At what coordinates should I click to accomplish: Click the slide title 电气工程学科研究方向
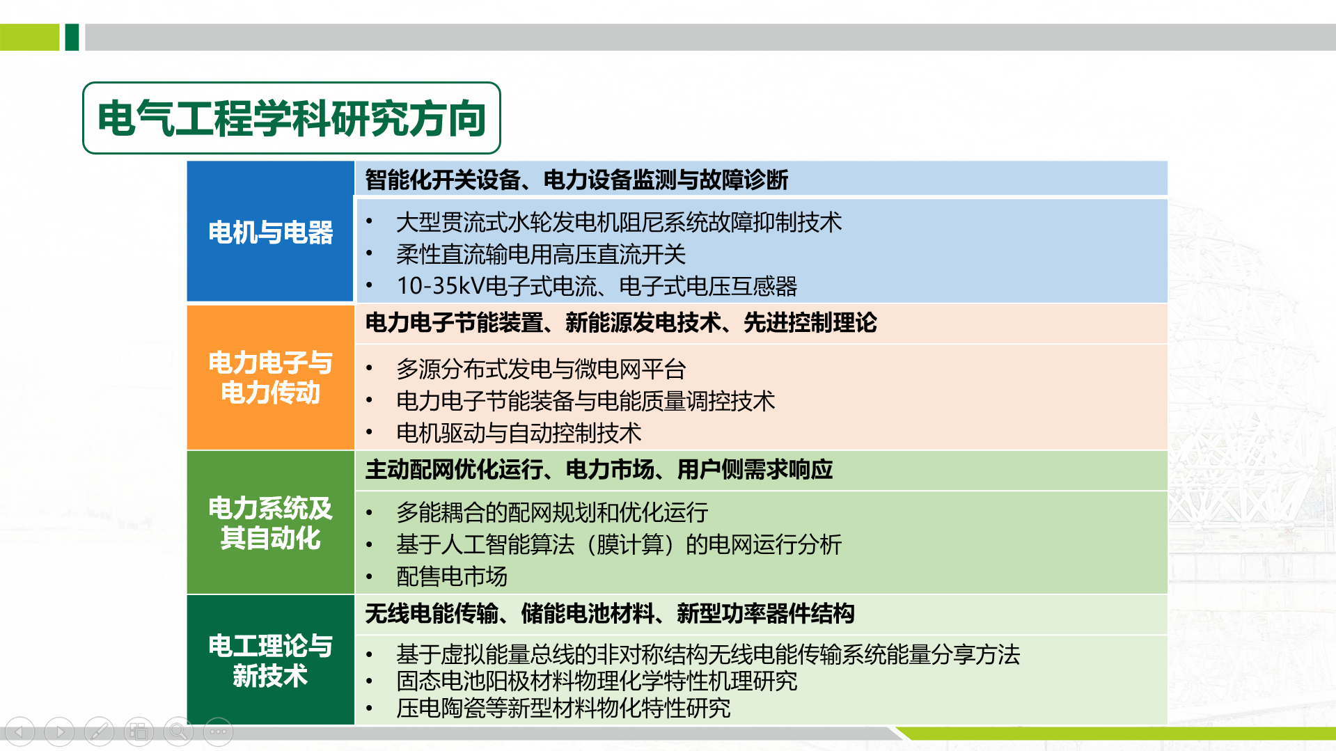291,118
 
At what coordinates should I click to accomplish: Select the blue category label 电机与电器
270,232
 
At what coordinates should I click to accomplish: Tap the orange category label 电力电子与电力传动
270,377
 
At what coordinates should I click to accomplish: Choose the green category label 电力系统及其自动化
270,523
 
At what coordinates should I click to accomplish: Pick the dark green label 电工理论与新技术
270,661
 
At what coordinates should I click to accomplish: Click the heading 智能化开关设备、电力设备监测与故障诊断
576,180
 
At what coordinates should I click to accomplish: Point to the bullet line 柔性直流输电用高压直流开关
540,254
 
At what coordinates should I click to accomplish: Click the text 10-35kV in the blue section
440,286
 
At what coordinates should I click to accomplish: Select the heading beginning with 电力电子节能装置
620,323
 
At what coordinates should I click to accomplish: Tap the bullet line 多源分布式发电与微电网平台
540,369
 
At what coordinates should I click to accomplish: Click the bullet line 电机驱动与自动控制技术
518,433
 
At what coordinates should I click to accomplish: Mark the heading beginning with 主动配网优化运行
598,470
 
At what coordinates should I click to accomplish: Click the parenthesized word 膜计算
629,544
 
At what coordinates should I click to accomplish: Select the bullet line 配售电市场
451,576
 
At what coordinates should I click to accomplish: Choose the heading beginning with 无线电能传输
609,614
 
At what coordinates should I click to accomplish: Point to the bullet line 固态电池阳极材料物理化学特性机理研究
596,681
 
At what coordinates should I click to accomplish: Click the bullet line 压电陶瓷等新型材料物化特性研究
563,709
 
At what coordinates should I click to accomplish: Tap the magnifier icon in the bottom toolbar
178,732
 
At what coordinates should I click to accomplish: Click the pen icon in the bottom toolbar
99,732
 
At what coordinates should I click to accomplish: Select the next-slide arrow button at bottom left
59,732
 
